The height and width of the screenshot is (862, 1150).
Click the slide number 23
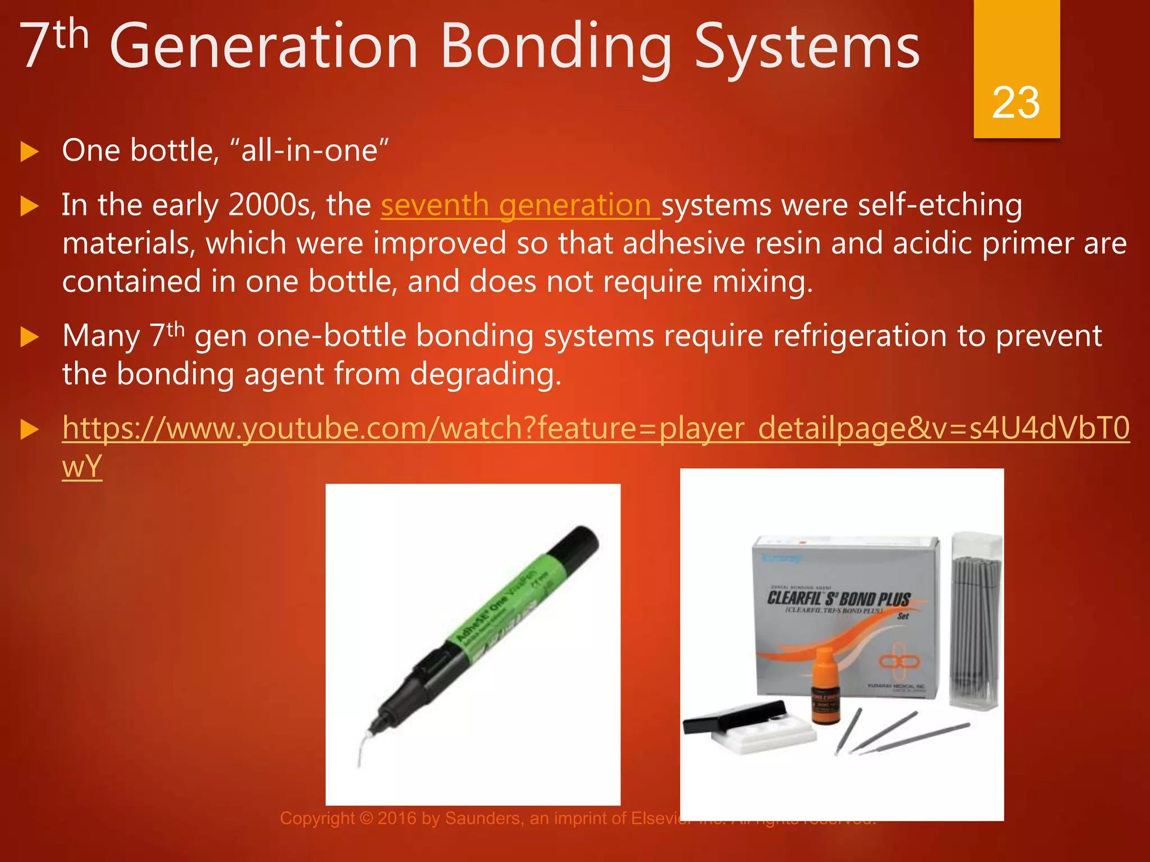[x=1016, y=103]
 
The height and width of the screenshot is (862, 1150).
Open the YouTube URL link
[x=595, y=429]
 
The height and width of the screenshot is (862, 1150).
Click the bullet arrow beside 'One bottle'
[x=29, y=152]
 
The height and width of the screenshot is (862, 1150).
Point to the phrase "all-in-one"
[x=309, y=151]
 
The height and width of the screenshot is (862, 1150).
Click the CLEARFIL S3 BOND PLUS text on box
[x=838, y=598]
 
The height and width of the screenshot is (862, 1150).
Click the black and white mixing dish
[x=747, y=727]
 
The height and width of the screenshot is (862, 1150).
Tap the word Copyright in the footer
[x=317, y=818]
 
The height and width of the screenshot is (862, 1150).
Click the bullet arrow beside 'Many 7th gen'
[x=29, y=337]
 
